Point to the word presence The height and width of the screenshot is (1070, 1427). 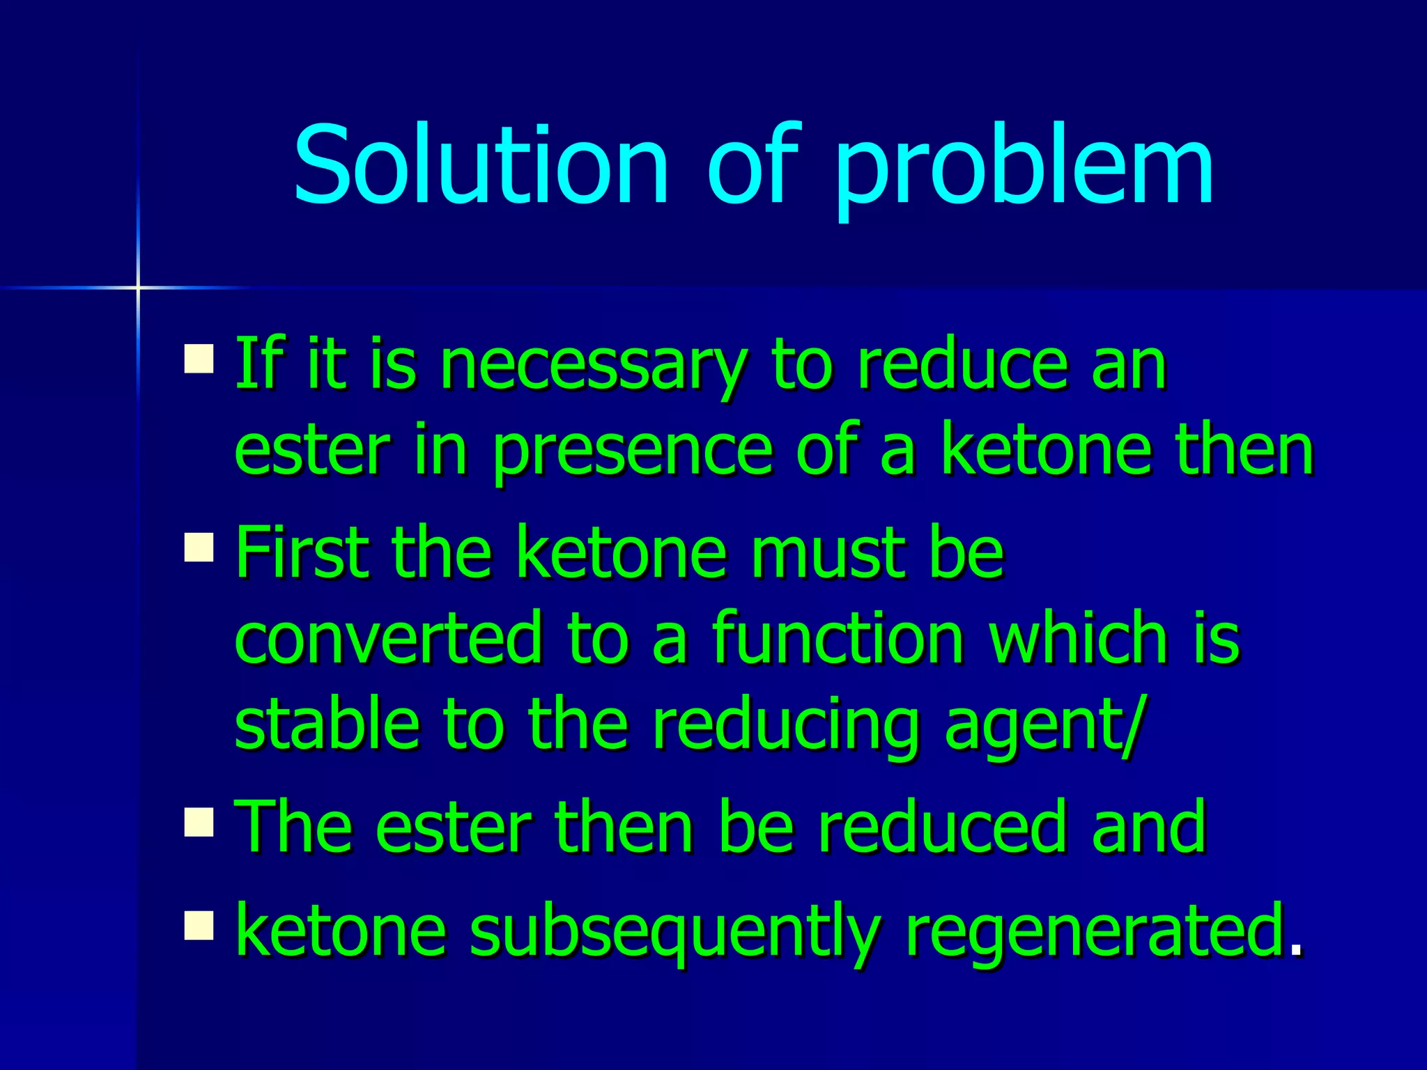point(633,451)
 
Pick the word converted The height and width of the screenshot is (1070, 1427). point(388,637)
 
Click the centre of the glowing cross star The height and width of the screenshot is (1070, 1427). point(138,287)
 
